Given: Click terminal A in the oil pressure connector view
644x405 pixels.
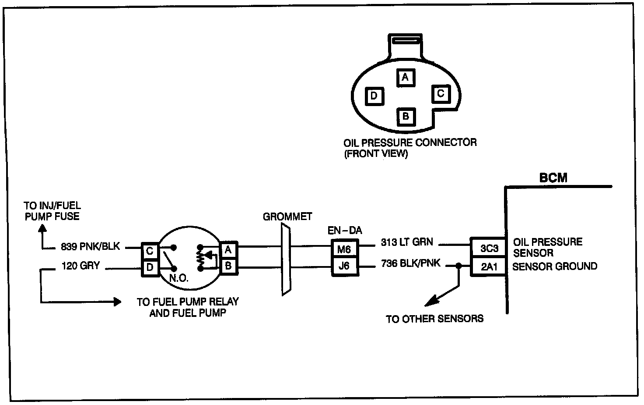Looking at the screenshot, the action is (406, 78).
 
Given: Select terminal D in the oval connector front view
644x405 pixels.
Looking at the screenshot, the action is (374, 96).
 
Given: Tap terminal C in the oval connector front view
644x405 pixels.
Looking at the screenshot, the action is (441, 94).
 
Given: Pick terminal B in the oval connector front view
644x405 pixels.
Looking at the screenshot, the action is (406, 117).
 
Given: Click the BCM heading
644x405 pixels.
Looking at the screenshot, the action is (553, 178).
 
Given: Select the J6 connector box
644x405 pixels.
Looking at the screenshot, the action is (345, 266).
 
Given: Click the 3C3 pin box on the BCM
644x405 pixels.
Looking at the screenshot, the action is (488, 247).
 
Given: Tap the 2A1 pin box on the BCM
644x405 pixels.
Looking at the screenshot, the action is (488, 266).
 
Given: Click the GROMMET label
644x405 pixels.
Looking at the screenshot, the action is (287, 217).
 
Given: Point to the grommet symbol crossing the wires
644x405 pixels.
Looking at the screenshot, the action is (286, 260).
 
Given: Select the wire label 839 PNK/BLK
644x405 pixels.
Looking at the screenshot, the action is (90, 247).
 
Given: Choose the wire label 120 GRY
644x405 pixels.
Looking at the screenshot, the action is (81, 266).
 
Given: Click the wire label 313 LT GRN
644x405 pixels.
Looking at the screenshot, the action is (407, 242).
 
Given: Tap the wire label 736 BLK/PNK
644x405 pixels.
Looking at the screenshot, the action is (410, 263).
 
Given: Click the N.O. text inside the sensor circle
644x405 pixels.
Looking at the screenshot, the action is (179, 278).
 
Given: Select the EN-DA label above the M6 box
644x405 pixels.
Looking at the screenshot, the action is (345, 231).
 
